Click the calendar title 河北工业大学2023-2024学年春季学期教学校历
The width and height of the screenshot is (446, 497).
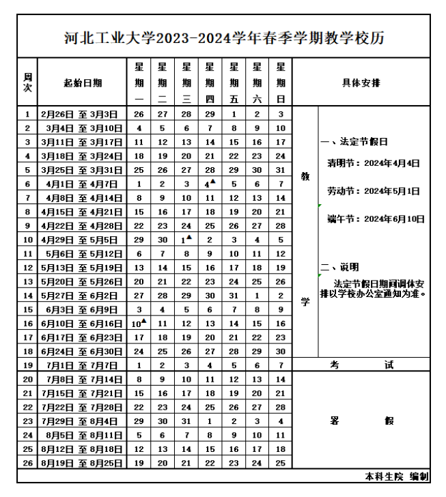223,38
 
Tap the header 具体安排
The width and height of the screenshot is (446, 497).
361,83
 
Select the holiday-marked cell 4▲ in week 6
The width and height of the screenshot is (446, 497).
209,184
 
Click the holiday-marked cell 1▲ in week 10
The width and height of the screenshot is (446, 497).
185,240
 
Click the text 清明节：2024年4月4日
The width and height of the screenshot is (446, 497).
373,164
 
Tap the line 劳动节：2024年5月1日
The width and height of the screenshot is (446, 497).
373,192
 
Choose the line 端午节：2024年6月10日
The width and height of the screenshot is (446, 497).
376,219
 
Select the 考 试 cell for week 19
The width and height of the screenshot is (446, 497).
361,365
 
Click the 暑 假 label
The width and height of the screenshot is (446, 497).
361,421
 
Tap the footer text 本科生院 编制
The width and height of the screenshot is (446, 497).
406,476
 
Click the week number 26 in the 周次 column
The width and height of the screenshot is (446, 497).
27,462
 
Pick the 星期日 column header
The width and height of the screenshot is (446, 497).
280,83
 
